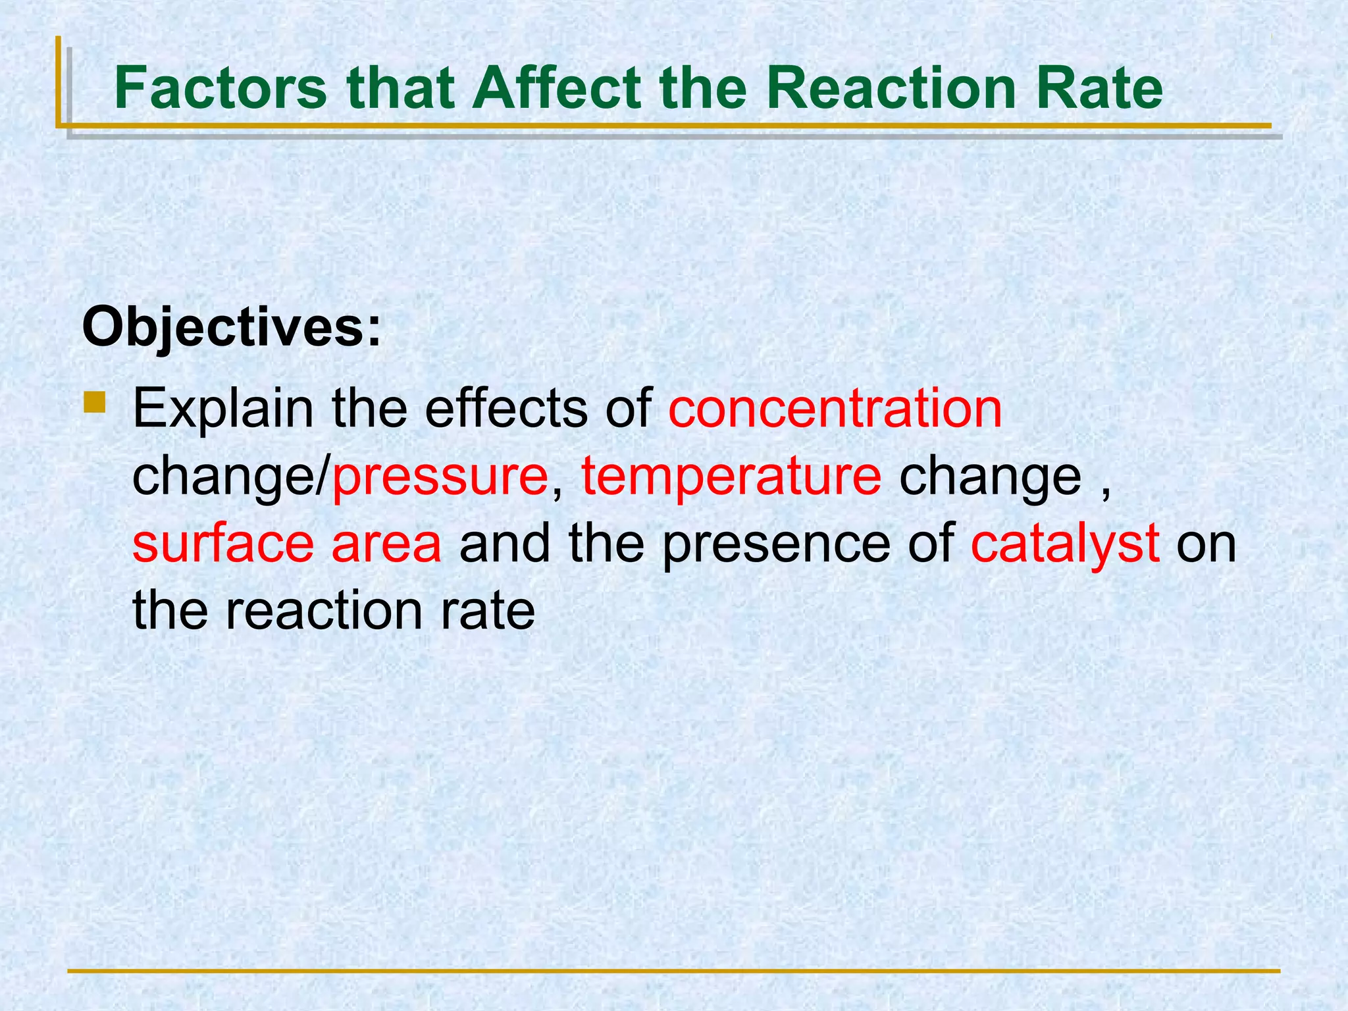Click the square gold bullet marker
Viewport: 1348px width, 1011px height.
tap(95, 402)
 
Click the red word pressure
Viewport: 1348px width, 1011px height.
tap(440, 478)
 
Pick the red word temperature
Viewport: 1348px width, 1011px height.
tap(731, 477)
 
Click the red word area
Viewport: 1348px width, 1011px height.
tap(386, 545)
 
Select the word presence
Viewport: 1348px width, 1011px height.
tap(776, 545)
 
